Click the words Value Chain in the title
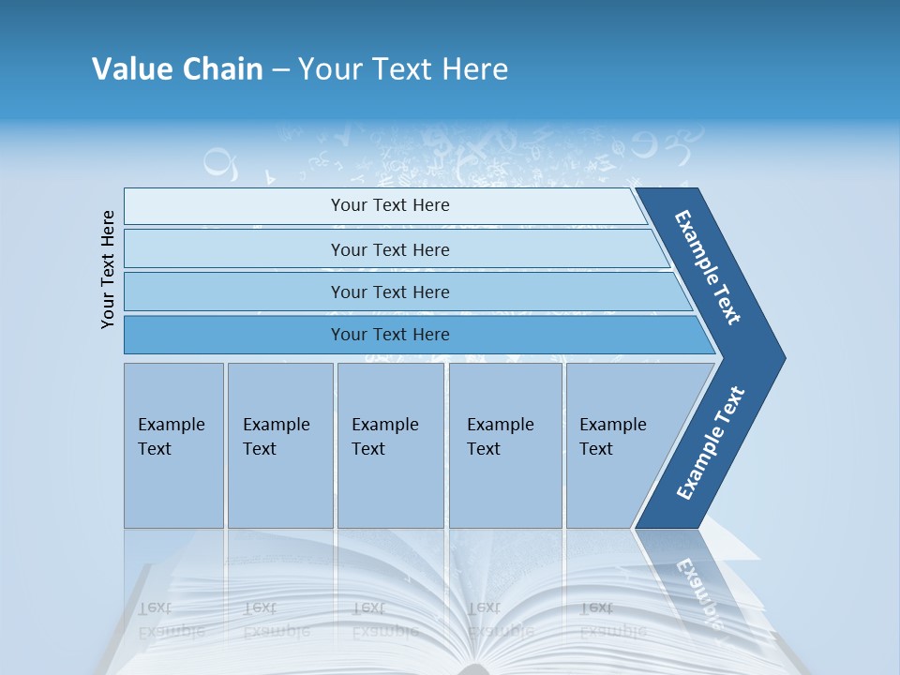pyautogui.click(x=177, y=69)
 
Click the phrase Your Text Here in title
pyautogui.click(x=403, y=69)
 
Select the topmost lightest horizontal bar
pyautogui.click(x=234, y=206)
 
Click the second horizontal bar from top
pyautogui.click(x=234, y=249)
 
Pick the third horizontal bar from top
pyautogui.click(x=234, y=292)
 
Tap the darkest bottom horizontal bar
pyautogui.click(x=234, y=335)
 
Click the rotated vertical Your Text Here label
pyautogui.click(x=108, y=269)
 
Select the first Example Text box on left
pyautogui.click(x=173, y=445)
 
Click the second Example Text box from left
pyautogui.click(x=279, y=445)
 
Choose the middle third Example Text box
pyautogui.click(x=390, y=445)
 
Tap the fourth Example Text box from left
pyautogui.click(x=505, y=445)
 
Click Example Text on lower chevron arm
pyautogui.click(x=711, y=443)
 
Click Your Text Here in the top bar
pyautogui.click(x=390, y=205)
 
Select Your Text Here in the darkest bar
pyautogui.click(x=390, y=335)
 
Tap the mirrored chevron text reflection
pyautogui.click(x=699, y=591)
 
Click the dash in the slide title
pyautogui.click(x=280, y=70)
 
